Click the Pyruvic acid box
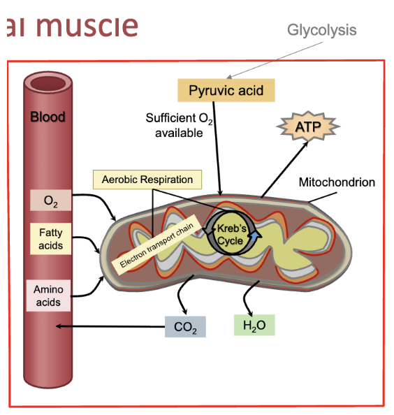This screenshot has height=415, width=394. click(226, 91)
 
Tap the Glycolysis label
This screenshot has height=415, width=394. click(321, 30)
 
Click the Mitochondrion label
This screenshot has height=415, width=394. click(337, 182)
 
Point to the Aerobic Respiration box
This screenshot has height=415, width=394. click(147, 180)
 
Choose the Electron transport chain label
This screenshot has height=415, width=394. click(156, 248)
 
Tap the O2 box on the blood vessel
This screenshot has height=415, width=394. click(50, 201)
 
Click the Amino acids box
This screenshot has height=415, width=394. click(48, 296)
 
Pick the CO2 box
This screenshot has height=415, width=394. click(186, 327)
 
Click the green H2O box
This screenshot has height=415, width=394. click(254, 325)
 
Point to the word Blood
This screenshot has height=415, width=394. click(48, 117)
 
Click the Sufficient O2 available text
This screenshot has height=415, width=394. click(178, 124)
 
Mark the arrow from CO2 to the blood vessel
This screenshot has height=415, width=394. click(112, 326)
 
